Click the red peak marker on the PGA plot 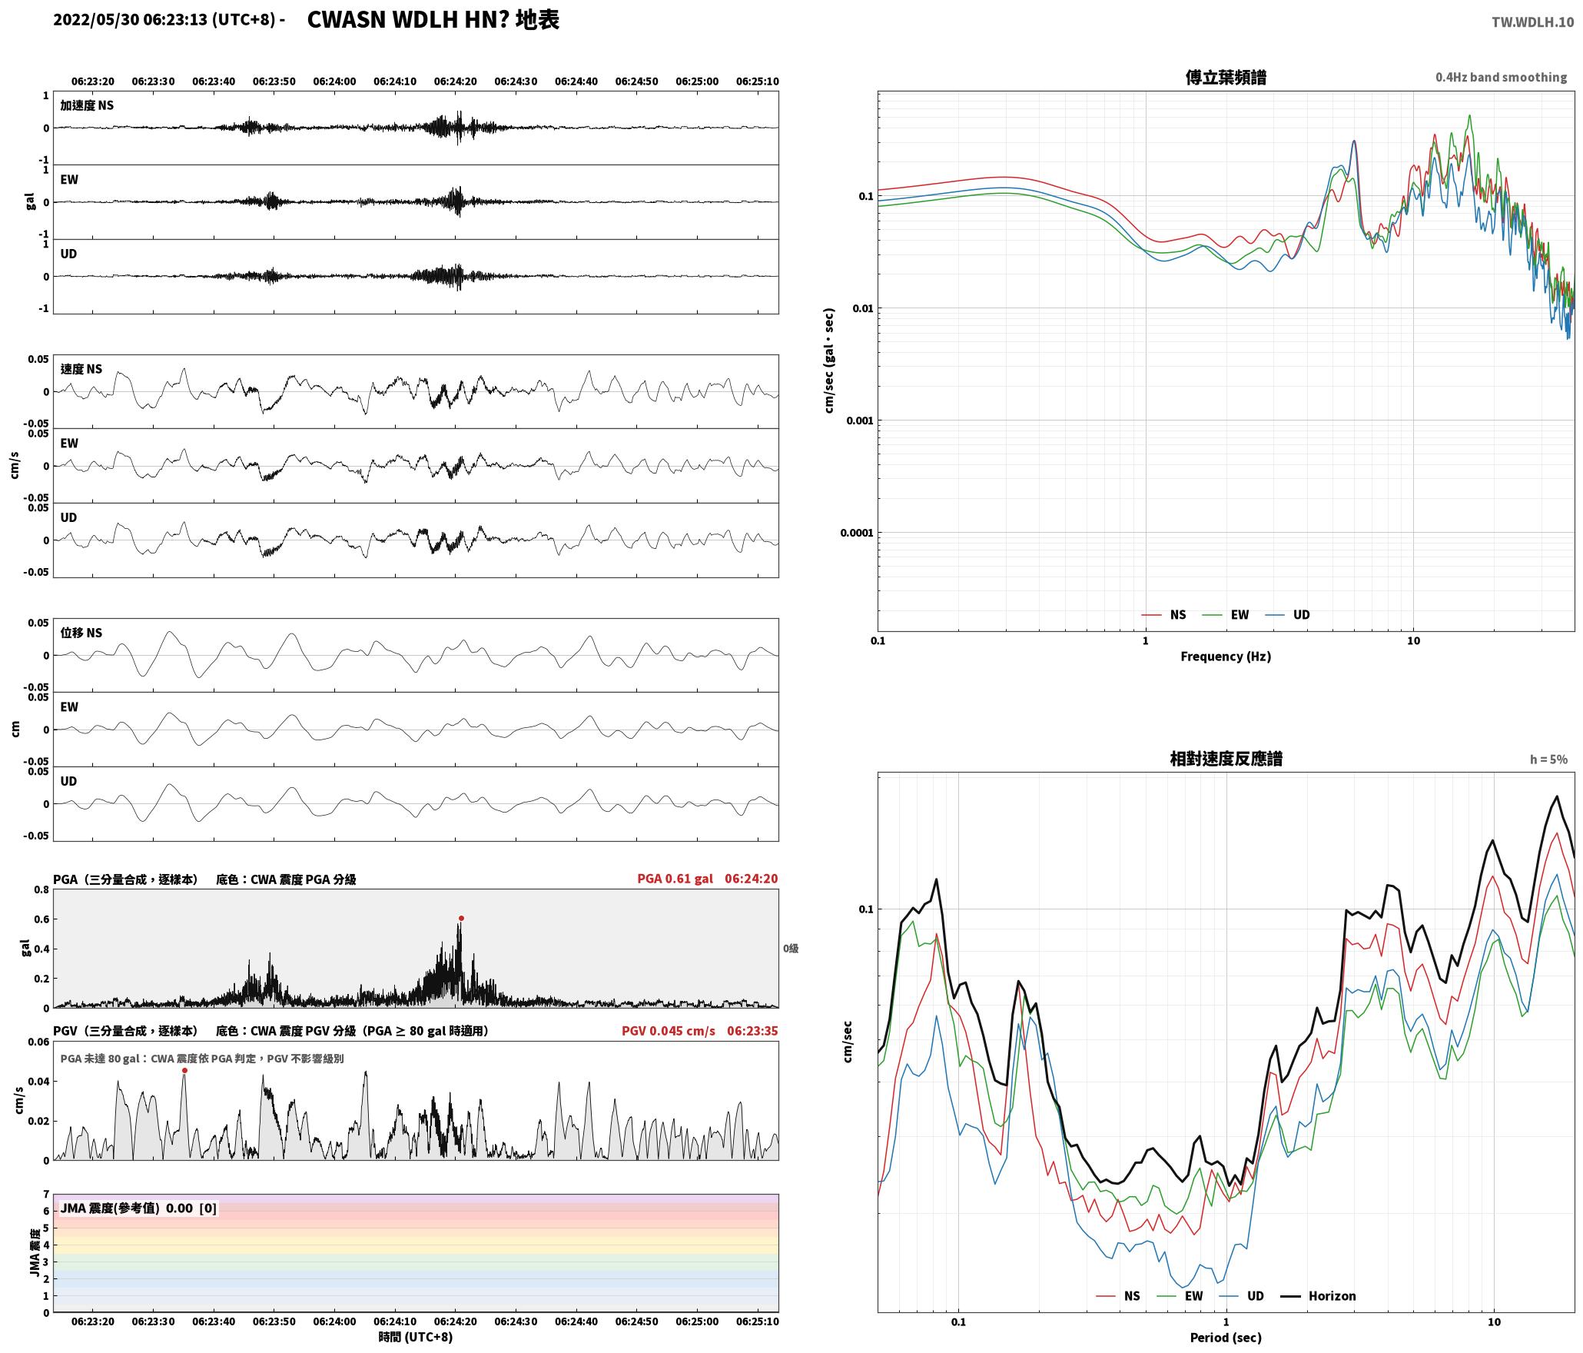tap(461, 918)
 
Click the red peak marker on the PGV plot tap(184, 1070)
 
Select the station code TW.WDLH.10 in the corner tap(1532, 22)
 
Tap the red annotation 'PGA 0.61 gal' tap(675, 879)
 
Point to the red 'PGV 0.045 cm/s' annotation tap(668, 1031)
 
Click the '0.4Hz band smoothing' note tap(1501, 78)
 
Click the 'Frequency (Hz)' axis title tap(1226, 657)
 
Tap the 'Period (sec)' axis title tap(1226, 1338)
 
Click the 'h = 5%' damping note tap(1548, 760)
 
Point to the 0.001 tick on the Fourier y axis tap(858, 421)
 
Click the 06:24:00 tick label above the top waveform tap(334, 81)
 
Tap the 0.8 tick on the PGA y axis tap(41, 890)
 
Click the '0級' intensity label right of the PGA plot tap(791, 949)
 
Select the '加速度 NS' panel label tap(87, 105)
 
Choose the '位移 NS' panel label tap(81, 633)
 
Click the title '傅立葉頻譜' tap(1226, 78)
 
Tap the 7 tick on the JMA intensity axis tap(45, 1195)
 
